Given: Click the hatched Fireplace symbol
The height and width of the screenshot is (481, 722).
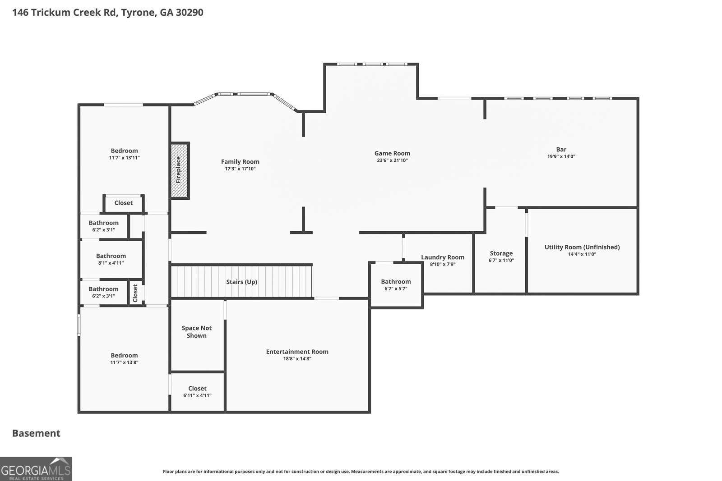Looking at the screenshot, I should pos(179,170).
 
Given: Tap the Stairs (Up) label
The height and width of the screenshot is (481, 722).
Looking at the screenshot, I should pos(241,282).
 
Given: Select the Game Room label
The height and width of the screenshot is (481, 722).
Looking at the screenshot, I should pos(392,153).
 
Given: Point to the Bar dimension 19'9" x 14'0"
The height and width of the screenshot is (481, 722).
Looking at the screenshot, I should pos(561,156).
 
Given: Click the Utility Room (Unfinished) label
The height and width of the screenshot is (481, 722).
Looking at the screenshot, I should pos(582,247).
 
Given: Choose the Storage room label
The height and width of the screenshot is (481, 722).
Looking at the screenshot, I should pos(501,253).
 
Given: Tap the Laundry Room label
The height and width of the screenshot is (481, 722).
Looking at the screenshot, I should pos(442,257).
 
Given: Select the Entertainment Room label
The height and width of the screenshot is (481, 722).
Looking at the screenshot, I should pos(297,352).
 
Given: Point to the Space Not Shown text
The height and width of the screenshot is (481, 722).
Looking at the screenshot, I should pos(197,332).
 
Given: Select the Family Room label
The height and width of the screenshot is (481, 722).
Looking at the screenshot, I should pos(240,162).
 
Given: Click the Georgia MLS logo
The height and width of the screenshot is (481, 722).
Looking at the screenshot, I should pos(36,469).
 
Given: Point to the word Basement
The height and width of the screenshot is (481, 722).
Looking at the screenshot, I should pos(36,433).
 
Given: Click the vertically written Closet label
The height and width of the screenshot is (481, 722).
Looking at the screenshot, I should pos(135,293).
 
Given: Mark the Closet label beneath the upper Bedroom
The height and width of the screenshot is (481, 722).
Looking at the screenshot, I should pos(123,203).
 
